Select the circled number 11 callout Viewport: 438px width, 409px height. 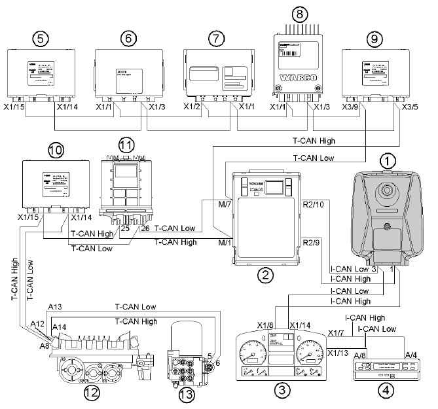tap(126, 144)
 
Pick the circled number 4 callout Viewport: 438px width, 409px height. tap(387, 392)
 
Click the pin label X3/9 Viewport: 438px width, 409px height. tap(355, 107)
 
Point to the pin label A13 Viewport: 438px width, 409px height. tap(55, 306)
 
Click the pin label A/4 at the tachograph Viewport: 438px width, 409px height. tap(410, 354)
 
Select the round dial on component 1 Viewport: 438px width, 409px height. tap(384, 192)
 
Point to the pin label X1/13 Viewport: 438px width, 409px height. tap(338, 354)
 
